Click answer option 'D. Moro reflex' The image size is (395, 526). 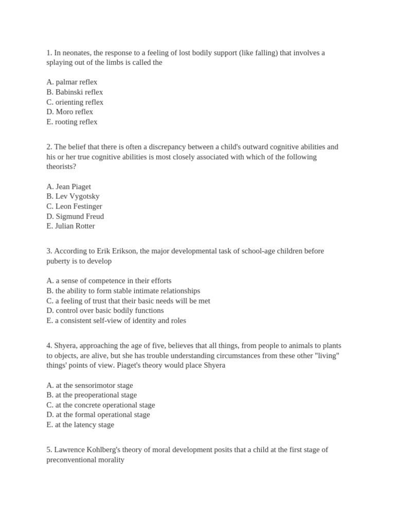(x=69, y=112)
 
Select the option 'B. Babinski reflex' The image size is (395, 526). (x=75, y=92)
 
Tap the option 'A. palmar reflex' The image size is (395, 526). (x=71, y=82)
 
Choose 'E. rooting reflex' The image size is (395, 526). (x=71, y=122)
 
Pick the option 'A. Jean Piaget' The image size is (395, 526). (x=68, y=186)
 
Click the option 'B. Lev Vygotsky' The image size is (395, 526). (x=73, y=196)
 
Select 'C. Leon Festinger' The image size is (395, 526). (x=74, y=206)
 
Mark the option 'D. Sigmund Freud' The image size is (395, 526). (x=75, y=216)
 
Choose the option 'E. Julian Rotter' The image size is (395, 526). (x=70, y=226)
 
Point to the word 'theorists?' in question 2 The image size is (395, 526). (x=61, y=166)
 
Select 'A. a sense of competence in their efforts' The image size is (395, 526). (x=109, y=281)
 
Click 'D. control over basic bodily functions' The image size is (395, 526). (x=105, y=311)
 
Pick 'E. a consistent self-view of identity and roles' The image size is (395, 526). (x=116, y=321)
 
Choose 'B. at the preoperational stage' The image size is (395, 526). (x=92, y=395)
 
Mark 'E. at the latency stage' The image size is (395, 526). (x=80, y=425)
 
